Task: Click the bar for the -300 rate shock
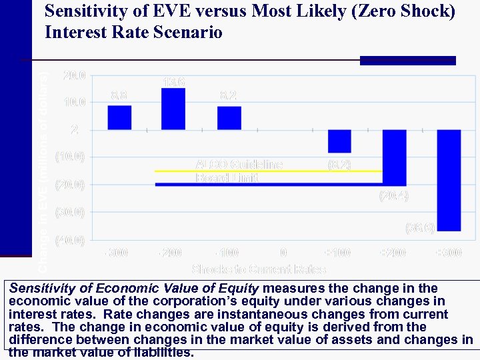(x=119, y=117)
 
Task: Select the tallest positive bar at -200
(x=173, y=109)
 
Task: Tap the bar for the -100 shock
(x=229, y=118)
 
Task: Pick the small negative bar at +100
(x=339, y=141)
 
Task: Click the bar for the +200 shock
(x=394, y=157)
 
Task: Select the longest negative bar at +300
(x=449, y=180)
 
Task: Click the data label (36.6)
(x=420, y=228)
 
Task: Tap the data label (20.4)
(x=393, y=196)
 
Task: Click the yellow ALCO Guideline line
(x=267, y=171)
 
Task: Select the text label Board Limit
(x=227, y=178)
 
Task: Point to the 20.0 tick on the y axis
(x=73, y=75)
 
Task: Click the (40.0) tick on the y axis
(x=70, y=241)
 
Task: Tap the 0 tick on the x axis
(x=283, y=253)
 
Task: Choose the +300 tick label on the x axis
(x=448, y=253)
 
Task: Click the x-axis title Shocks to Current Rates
(x=259, y=269)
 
